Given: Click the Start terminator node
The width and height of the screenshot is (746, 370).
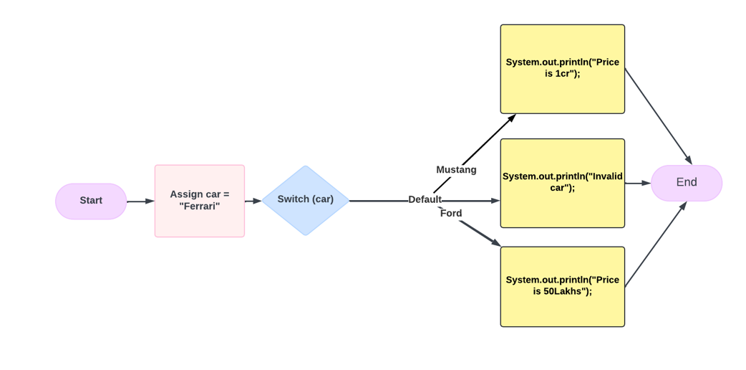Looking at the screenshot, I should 91,201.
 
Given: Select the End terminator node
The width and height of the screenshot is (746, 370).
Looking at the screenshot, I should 686,183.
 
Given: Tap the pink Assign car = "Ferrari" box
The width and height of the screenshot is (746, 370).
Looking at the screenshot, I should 199,201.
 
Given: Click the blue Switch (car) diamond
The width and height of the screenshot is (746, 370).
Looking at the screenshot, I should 305,200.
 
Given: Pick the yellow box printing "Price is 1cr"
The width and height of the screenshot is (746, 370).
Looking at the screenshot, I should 562,69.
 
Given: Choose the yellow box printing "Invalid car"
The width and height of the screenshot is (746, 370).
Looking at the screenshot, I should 562,183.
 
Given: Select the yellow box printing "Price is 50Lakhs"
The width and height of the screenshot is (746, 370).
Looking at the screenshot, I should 562,287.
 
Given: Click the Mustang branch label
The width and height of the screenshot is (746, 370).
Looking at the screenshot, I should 456,170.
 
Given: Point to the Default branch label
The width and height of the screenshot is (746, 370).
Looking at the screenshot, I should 425,200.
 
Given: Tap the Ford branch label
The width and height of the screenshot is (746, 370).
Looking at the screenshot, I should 451,214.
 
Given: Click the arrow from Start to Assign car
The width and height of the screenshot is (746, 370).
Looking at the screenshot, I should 140,201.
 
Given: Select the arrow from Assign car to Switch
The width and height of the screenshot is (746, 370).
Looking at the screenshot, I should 253,201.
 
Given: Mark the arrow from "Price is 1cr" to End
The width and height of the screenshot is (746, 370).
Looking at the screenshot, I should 659,117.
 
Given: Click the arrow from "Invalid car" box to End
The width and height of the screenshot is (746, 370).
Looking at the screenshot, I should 637,184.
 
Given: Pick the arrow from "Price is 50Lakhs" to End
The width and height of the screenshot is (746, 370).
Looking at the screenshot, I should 656,245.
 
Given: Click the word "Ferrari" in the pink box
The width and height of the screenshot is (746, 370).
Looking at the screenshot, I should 200,207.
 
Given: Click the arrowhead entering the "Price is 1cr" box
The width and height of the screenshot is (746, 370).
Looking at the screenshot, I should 511,118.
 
